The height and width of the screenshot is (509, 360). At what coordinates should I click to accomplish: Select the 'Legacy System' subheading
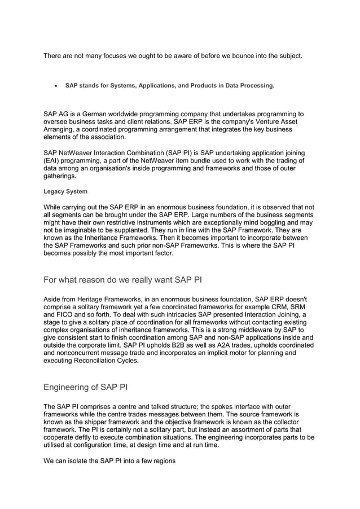pos(65,192)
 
